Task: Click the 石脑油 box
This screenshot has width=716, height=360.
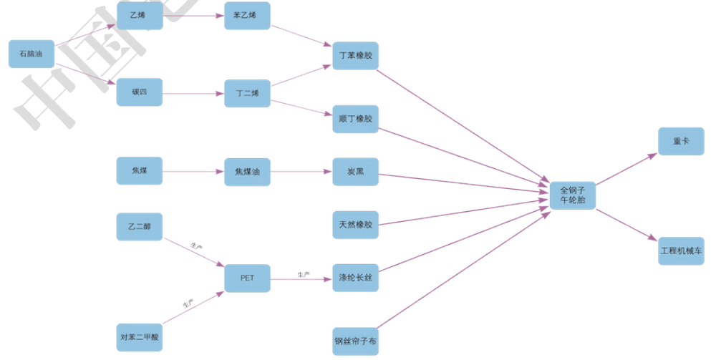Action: click(32, 54)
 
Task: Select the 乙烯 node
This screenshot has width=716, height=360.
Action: click(140, 16)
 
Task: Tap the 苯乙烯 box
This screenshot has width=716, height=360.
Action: click(247, 16)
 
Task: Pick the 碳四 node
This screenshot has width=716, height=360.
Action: click(140, 92)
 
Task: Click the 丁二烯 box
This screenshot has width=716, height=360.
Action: click(247, 93)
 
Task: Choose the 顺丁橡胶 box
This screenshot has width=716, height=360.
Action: click(355, 120)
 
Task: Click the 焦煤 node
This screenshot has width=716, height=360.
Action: click(140, 171)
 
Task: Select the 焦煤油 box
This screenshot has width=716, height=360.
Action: click(247, 172)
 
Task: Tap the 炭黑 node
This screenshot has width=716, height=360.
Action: click(355, 172)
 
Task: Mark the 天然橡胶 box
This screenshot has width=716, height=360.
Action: click(355, 225)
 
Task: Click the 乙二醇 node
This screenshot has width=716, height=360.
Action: click(140, 226)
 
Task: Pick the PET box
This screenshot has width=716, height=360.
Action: click(247, 278)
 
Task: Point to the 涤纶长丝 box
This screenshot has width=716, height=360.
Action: click(355, 278)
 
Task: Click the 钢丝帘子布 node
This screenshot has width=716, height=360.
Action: click(355, 341)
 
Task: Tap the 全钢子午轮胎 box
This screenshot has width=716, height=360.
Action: click(573, 195)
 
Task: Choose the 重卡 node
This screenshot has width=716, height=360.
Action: click(681, 142)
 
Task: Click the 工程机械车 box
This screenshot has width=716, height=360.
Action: click(681, 251)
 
